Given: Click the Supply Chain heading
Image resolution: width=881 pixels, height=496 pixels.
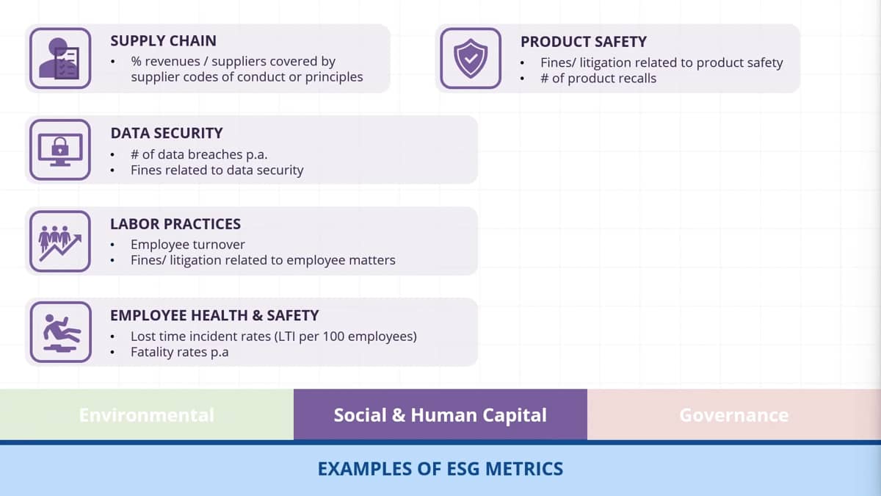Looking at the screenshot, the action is tap(163, 41).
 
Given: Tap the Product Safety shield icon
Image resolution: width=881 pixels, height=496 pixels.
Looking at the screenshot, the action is tap(471, 58).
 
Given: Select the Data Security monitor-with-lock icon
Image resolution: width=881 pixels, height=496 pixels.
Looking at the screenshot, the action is tap(60, 150).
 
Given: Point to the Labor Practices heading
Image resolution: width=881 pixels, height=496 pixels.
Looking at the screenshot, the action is tap(175, 224).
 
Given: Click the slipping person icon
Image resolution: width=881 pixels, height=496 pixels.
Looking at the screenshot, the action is tap(60, 332).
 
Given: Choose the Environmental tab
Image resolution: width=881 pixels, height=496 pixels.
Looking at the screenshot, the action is tap(147, 414).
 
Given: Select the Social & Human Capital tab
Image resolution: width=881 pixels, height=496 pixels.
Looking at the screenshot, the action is tap(440, 414).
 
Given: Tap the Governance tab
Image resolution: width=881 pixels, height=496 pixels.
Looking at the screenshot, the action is tap(734, 414).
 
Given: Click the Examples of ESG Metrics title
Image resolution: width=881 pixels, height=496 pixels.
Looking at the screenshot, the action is tap(440, 469).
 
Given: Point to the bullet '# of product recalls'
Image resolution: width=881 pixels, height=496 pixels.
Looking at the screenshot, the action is tap(598, 79).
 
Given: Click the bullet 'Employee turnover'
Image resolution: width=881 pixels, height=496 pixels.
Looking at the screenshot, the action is tap(188, 245).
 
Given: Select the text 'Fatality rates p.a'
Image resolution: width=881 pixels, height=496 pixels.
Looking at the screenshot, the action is tap(179, 352).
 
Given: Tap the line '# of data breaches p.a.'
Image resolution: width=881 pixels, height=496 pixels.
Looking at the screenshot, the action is tap(199, 154).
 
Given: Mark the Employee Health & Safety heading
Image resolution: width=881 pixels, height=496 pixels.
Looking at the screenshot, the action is tap(214, 315).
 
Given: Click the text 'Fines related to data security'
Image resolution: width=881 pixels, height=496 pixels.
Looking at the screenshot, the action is tap(217, 170).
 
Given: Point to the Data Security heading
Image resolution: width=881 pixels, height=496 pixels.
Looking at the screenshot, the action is tap(167, 133).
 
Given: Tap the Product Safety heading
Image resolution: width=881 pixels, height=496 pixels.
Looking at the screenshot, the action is tap(584, 42).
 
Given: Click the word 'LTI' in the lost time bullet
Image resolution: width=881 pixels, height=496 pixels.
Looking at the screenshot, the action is tap(287, 337).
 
